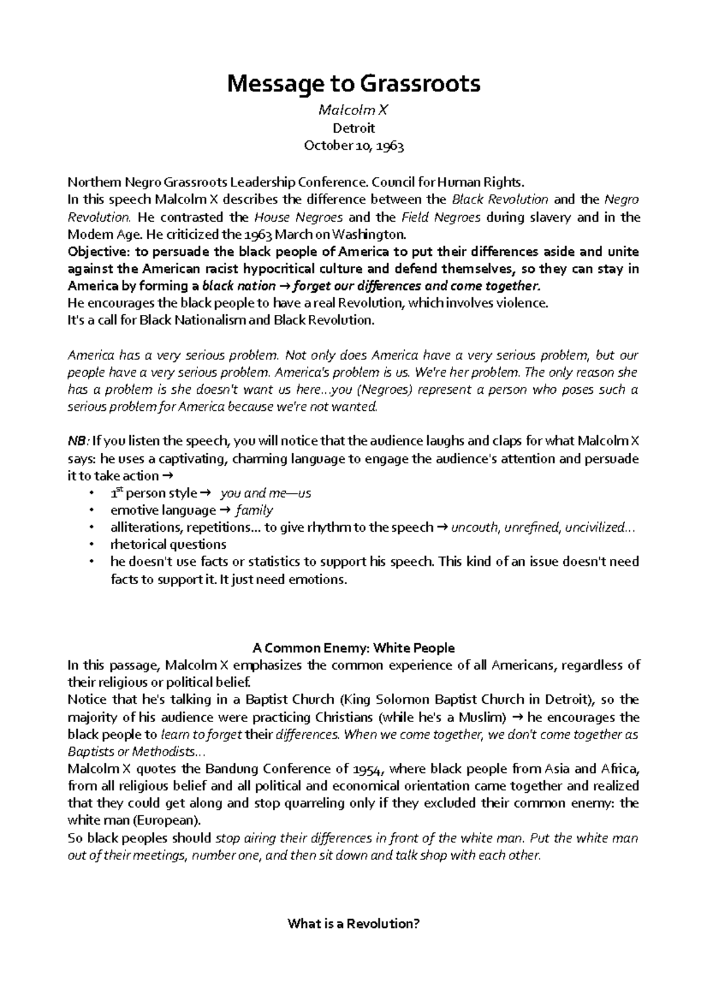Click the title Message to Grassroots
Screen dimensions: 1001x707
(x=353, y=84)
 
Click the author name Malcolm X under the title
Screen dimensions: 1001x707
(x=353, y=110)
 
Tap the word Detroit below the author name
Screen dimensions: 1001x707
(x=353, y=128)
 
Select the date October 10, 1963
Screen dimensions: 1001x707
(x=353, y=146)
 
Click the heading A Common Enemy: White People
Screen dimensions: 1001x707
(x=353, y=648)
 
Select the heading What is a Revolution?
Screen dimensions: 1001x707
(x=353, y=924)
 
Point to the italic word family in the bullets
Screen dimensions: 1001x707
(x=254, y=510)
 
